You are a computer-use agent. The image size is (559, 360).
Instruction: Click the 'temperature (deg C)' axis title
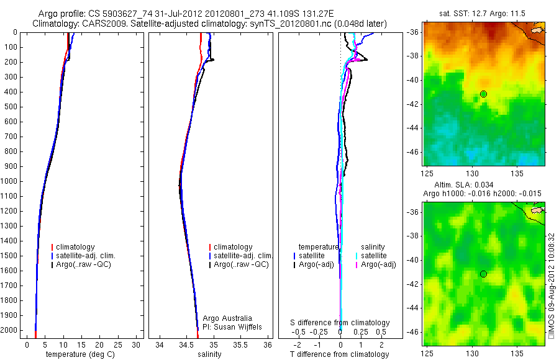[x=78, y=354]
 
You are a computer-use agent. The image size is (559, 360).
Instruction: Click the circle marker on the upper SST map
[x=483, y=94]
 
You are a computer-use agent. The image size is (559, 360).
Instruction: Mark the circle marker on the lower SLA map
[x=483, y=274]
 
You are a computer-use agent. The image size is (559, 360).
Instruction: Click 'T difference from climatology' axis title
[x=340, y=354]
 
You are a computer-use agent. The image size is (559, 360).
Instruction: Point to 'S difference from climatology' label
[x=340, y=323]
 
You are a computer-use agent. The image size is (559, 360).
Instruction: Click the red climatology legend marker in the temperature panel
[x=53, y=247]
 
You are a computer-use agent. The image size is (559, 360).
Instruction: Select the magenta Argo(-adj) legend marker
[x=357, y=264]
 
